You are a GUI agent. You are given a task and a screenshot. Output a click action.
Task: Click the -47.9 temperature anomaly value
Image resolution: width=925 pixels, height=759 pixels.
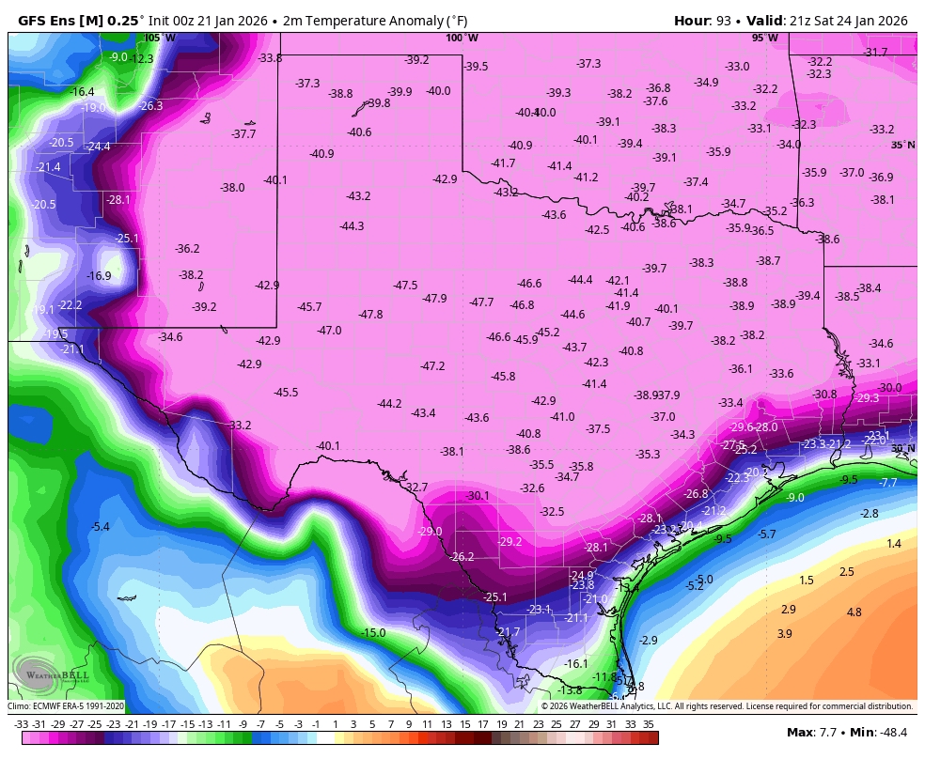434,299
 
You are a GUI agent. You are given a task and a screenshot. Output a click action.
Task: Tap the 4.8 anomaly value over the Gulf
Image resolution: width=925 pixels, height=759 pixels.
854,612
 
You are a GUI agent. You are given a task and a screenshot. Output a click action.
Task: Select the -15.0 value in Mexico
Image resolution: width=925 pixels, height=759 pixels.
373,633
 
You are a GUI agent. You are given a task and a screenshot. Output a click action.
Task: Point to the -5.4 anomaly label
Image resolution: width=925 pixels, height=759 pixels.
100,527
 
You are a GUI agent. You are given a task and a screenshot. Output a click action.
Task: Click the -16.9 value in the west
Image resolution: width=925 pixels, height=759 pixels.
99,276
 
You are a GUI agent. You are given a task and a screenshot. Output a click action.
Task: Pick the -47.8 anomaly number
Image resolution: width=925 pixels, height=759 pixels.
370,315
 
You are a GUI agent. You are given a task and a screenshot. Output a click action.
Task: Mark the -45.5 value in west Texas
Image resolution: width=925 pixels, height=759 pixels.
286,393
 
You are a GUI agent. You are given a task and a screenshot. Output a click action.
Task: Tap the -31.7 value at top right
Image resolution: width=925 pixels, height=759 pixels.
875,53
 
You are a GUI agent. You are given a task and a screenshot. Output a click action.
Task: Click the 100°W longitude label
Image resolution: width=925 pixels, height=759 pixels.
462,39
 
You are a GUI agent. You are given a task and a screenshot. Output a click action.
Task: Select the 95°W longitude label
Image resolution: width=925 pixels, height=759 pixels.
764,39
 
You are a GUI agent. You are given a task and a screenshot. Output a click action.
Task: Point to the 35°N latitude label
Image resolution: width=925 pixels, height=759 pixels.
902,145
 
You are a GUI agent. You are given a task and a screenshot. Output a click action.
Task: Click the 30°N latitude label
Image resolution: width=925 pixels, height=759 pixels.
902,449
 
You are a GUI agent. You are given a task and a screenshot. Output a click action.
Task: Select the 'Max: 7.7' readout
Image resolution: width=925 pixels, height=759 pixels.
813,732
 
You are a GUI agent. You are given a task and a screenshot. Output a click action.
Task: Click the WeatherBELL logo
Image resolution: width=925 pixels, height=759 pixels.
53,673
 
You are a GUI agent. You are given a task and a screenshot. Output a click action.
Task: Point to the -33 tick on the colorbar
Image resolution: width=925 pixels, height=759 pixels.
21,724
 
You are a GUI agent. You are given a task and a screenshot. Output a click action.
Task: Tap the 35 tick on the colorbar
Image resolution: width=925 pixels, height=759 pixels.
649,724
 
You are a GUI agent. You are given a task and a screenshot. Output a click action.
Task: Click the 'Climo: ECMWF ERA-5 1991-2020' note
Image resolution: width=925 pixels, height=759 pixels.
66,706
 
